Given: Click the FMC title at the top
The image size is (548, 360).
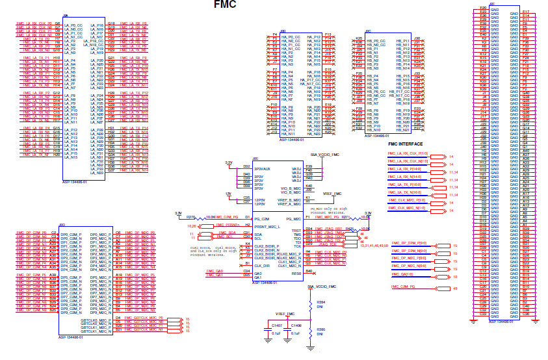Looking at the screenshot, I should coord(224,5).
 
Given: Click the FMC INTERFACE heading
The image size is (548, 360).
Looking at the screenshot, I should coord(406,144).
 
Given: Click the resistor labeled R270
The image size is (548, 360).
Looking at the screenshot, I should coord(191,215).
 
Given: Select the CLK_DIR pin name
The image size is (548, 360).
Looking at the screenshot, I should coord(262,265).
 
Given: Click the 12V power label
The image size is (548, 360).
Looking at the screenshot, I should coord(228,194).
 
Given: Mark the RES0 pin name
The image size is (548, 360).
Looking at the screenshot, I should coord(297,274).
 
